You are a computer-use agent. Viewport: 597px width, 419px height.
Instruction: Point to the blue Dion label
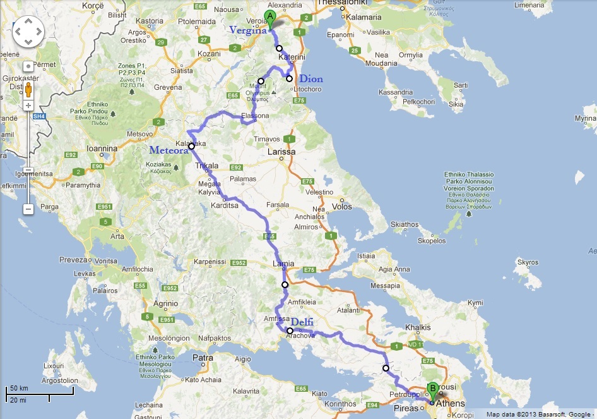click(x=310, y=79)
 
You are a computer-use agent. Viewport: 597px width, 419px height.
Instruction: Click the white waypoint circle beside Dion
click(x=290, y=79)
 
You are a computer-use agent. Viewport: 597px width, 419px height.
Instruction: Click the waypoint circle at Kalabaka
click(x=191, y=147)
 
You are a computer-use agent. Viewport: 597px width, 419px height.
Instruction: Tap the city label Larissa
click(x=281, y=152)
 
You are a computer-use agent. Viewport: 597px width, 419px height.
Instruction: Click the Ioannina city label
click(x=102, y=149)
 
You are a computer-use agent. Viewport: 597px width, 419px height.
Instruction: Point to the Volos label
click(x=341, y=206)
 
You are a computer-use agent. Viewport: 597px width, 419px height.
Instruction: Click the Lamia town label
click(x=283, y=264)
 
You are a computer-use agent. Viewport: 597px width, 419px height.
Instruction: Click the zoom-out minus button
click(x=28, y=209)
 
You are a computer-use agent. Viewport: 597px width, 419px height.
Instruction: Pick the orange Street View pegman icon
click(x=28, y=86)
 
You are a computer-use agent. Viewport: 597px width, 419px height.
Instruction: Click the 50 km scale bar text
click(x=18, y=388)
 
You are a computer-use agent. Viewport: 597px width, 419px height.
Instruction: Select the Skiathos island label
click(x=405, y=224)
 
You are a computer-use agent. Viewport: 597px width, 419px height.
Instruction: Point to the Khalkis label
click(x=417, y=328)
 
